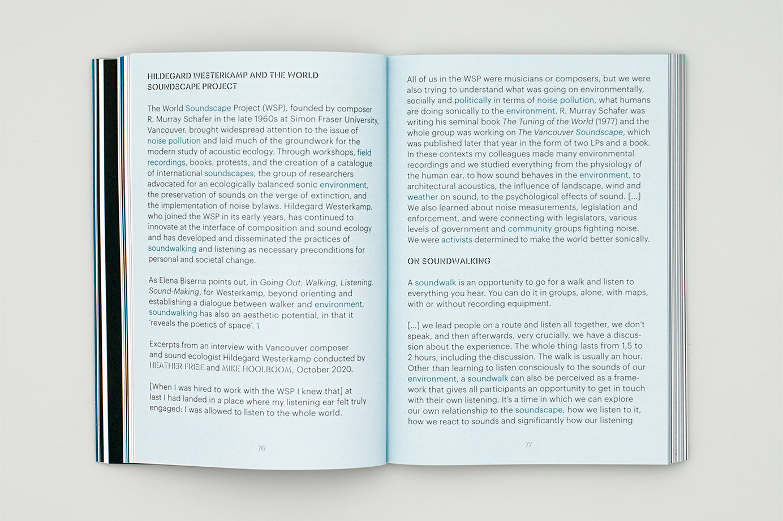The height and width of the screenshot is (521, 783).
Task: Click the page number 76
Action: pyautogui.click(x=261, y=448)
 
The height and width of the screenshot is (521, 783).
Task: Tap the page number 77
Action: pyautogui.click(x=528, y=445)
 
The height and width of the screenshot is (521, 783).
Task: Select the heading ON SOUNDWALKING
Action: pyautogui.click(x=449, y=261)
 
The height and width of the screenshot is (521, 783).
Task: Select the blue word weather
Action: pyautogui.click(x=423, y=197)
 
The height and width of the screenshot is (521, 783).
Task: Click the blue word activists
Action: pyautogui.click(x=457, y=240)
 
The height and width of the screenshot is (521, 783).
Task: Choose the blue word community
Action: pyautogui.click(x=530, y=229)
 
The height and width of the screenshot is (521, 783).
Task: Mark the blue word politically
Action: pyautogui.click(x=473, y=100)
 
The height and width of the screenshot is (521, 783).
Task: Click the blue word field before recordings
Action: pyautogui.click(x=364, y=153)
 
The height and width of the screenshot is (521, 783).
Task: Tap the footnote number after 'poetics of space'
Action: pyautogui.click(x=258, y=325)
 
